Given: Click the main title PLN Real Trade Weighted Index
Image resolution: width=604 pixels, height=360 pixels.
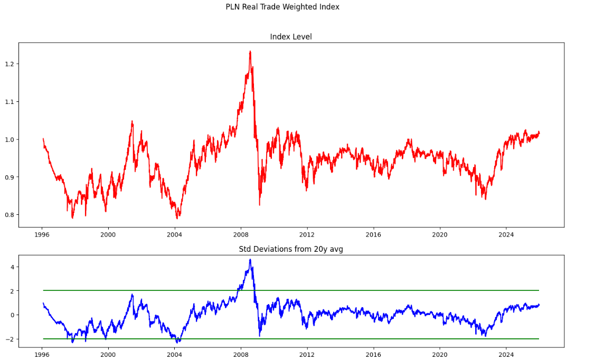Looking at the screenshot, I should pos(282,7).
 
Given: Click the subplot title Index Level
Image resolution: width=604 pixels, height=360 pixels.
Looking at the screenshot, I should pos(291,36).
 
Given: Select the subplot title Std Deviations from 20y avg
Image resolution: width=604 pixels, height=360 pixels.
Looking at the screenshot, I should pos(291,249).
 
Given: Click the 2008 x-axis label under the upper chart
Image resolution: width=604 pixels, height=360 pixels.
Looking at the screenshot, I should pos(241,234).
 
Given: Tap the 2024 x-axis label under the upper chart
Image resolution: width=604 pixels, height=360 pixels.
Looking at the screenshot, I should pos(506,234).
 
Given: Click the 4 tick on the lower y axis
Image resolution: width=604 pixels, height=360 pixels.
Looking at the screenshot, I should pos(13,267).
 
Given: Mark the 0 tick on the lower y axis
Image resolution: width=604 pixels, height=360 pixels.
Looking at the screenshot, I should pos(13,315).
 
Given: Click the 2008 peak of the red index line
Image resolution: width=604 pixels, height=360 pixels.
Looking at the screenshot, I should pos(250,51).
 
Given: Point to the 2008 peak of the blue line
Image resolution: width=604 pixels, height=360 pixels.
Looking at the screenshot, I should pos(250,259).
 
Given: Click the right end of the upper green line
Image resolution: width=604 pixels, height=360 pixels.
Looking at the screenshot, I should pos(539,290).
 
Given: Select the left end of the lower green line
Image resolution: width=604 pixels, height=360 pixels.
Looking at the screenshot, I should pos(43,339).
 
